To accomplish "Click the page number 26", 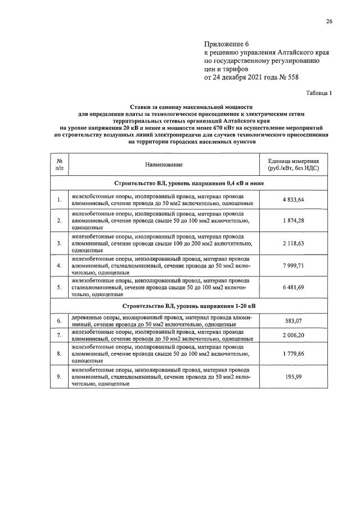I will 329,21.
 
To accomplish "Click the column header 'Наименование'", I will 164,164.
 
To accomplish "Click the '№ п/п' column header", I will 59,164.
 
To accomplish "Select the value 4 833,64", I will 293,199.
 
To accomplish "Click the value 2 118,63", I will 293,243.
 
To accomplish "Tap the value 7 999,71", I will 293,265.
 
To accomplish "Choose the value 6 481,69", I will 293,287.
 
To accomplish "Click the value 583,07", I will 293,321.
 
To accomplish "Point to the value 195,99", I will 293,377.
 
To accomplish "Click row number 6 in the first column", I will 59,321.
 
